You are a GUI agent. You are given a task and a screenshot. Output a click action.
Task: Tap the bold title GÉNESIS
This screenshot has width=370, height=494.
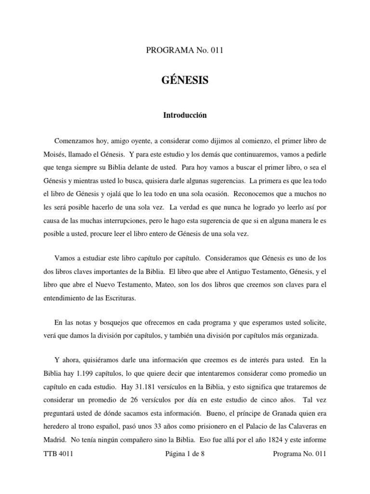185,81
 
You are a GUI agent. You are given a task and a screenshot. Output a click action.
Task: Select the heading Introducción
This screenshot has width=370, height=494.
185,115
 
